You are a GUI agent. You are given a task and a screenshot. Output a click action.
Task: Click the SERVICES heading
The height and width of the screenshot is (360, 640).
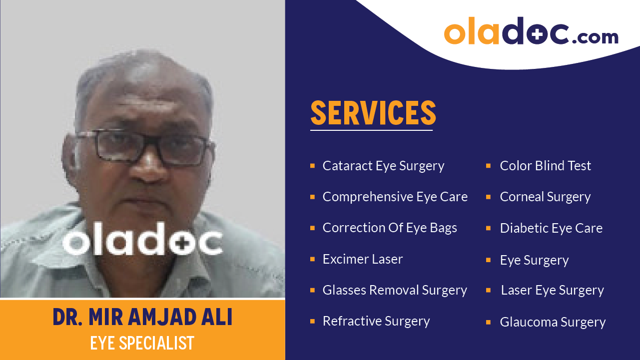(373, 113)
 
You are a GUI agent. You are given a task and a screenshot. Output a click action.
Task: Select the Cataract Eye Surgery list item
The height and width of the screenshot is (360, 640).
(383, 166)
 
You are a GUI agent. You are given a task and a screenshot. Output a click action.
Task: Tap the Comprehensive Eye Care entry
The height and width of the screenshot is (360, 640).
(395, 197)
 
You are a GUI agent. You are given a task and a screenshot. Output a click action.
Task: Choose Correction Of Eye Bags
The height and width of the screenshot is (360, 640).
(390, 228)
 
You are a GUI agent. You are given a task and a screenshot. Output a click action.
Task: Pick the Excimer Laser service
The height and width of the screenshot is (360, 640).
(362, 259)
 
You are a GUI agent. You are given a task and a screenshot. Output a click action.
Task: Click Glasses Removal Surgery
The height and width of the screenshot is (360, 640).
(395, 290)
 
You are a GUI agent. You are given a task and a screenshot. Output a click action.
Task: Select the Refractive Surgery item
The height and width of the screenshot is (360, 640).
(376, 321)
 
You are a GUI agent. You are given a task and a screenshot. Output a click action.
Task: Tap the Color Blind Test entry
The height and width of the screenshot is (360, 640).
(545, 166)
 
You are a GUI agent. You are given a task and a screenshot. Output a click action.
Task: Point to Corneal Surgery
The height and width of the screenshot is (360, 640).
(545, 197)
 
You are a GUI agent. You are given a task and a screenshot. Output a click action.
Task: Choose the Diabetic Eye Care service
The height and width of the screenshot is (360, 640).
(551, 228)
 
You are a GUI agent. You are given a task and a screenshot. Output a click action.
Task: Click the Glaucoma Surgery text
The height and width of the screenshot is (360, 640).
(553, 322)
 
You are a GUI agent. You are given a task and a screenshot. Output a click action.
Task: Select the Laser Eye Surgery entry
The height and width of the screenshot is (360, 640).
(552, 290)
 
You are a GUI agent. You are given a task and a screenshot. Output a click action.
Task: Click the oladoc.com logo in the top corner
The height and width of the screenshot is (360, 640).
(531, 32)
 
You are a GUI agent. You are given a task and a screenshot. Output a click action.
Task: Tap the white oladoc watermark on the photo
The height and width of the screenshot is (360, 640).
(142, 242)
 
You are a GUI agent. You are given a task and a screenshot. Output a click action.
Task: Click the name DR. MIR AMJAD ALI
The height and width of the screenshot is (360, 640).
(142, 318)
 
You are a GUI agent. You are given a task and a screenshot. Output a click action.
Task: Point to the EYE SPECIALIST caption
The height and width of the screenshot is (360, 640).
(142, 343)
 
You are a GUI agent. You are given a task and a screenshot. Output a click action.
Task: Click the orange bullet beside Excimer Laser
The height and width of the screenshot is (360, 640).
(312, 259)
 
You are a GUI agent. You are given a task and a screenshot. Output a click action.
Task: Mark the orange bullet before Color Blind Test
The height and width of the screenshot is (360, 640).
(488, 166)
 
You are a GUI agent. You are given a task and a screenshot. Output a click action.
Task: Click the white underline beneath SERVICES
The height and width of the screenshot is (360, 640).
(371, 130)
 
